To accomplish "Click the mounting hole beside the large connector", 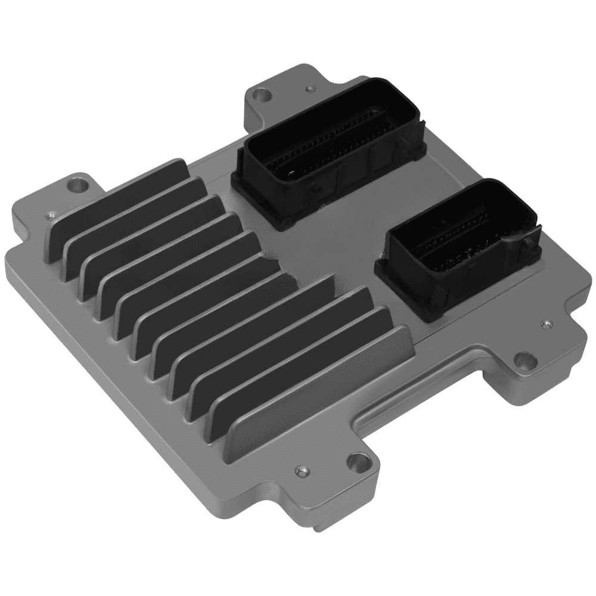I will [x=260, y=94].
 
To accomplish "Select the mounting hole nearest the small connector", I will [x=524, y=360].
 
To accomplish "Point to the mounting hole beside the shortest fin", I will [x=76, y=185].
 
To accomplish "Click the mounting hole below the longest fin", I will [x=358, y=461].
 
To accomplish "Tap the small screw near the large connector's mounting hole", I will [x=309, y=89].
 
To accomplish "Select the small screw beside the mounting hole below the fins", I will [x=302, y=471].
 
